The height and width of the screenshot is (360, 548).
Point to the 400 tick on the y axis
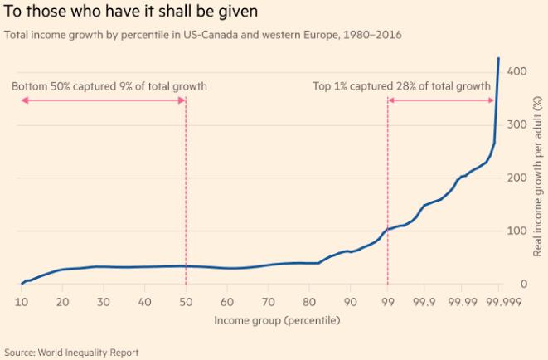pos(518,71)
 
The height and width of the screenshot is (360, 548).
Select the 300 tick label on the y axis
pos(518,124)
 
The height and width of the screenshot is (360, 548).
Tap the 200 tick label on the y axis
pos(518,178)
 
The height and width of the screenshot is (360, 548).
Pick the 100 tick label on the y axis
pos(518,231)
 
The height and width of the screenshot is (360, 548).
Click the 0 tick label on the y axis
pos(524,285)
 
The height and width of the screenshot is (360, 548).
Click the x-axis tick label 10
pos(22,301)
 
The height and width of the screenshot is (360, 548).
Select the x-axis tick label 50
pos(186,301)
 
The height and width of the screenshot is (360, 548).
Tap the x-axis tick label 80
pos(309,301)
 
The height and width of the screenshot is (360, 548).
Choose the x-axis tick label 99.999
pos(497,301)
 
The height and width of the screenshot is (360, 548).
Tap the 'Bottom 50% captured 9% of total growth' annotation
pos(109,86)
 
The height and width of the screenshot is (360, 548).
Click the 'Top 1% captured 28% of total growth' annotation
pos(402,86)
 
